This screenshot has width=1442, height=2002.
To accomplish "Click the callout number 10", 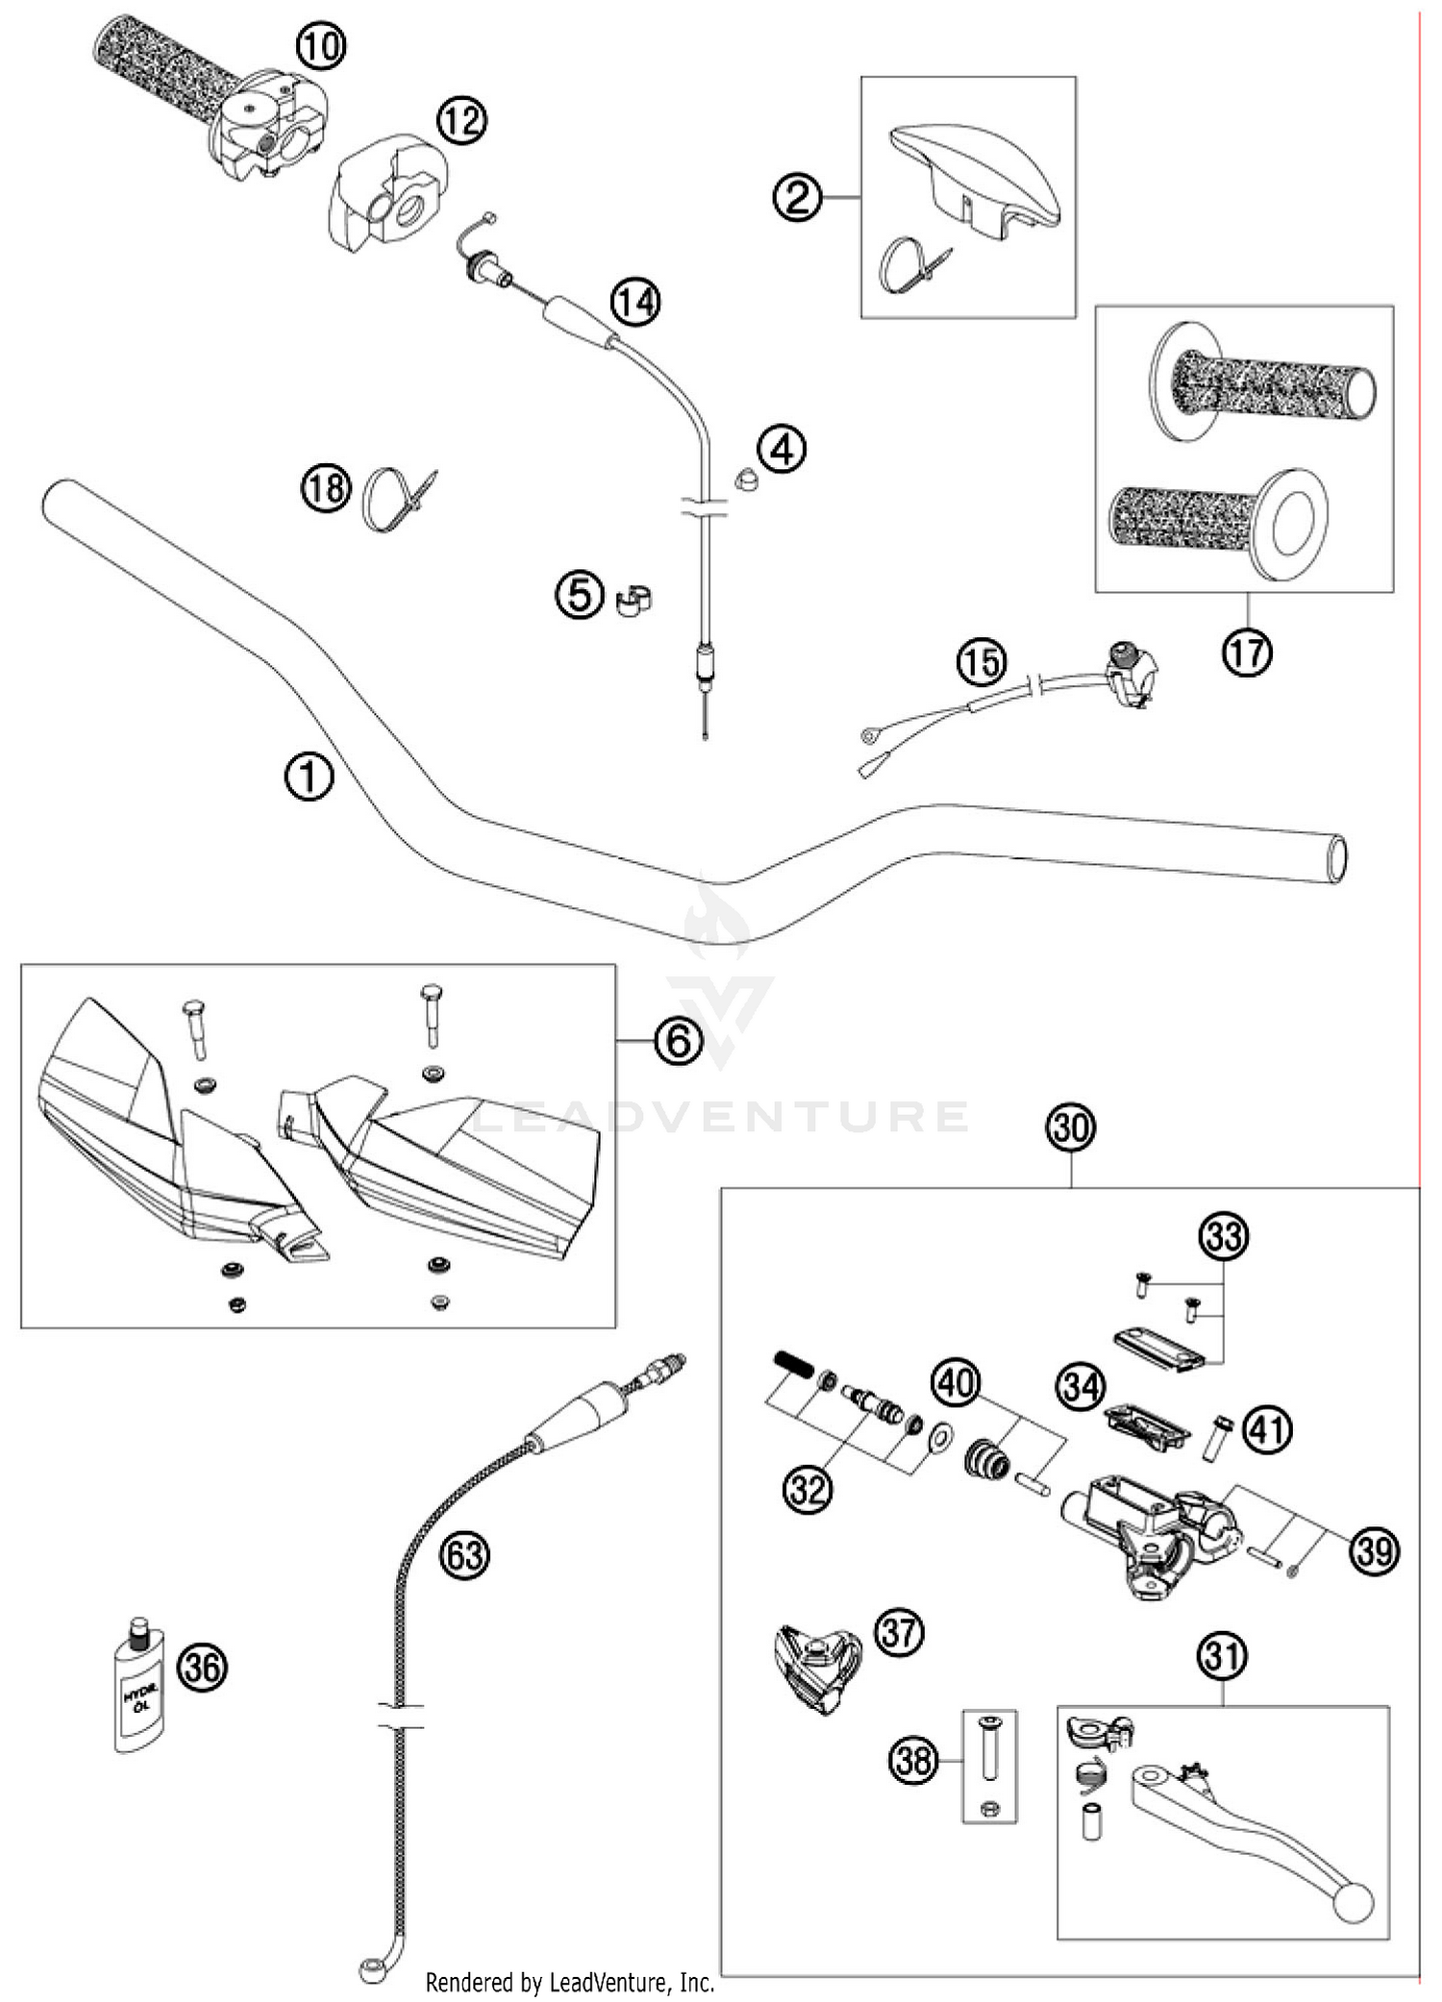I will point(320,45).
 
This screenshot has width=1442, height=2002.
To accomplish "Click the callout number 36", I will point(203,1668).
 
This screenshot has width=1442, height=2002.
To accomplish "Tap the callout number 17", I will point(1247,653).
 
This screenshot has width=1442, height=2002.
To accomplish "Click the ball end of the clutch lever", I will point(1355,1904).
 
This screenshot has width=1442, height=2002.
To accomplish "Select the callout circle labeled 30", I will point(1071,1126).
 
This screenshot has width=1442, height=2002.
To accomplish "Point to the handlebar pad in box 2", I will point(976,177).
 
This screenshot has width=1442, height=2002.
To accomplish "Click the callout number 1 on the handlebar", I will point(309,777).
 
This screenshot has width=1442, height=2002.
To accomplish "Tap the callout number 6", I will point(678,1041).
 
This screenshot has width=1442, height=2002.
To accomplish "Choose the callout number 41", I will point(1267,1430).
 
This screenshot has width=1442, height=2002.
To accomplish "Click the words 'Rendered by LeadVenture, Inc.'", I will point(570,1982).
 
